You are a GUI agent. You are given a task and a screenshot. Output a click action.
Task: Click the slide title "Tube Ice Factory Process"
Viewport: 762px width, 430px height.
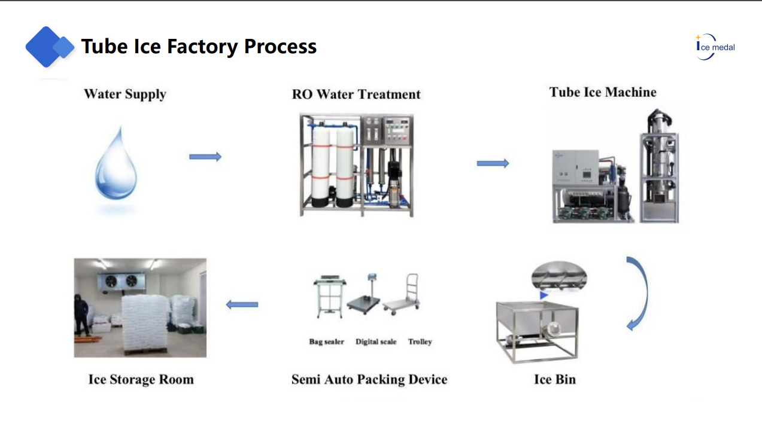pos(199,47)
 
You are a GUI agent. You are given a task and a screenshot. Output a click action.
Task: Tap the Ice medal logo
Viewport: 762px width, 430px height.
pos(715,47)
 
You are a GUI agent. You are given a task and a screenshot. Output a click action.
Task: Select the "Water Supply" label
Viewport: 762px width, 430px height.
pos(125,94)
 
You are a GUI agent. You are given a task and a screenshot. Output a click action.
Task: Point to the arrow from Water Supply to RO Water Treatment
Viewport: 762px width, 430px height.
pos(205,157)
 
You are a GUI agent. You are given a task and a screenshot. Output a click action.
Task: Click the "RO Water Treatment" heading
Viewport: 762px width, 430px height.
pos(356,94)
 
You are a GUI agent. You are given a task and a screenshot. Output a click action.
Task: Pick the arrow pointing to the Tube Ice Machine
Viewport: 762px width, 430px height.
pos(493,163)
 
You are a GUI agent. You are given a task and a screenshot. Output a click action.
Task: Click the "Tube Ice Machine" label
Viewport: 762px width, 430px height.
pos(603,92)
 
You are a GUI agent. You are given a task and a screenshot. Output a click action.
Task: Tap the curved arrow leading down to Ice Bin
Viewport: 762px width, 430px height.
pos(639,293)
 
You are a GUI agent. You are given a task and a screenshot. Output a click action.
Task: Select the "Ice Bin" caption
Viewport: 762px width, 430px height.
pos(555,380)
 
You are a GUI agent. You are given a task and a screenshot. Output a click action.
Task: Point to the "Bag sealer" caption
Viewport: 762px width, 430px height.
pos(327,341)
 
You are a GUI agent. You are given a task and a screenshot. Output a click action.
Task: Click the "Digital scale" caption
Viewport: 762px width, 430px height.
pos(376,341)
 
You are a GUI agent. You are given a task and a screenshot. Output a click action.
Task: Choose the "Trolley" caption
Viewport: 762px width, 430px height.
pos(420,341)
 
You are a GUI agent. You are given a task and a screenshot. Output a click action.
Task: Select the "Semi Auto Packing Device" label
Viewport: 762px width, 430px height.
pos(369,380)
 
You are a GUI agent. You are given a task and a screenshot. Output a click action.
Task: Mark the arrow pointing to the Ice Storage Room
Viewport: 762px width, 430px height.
pos(242,304)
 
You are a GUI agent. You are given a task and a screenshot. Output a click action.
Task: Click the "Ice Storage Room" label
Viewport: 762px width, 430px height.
pos(141,380)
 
